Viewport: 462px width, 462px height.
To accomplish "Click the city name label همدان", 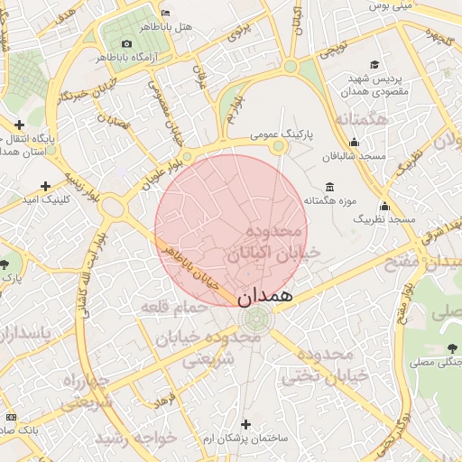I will click(267, 295).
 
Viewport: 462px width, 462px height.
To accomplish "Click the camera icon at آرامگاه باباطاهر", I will click(126, 43).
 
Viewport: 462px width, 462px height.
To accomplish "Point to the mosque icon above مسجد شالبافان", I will click(355, 142).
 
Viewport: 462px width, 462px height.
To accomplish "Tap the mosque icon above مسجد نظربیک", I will click(384, 206).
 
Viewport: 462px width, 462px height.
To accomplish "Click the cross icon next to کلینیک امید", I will click(46, 186).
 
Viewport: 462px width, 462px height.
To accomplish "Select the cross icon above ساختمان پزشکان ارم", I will click(245, 423).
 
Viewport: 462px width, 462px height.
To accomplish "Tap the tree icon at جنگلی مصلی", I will click(451, 348).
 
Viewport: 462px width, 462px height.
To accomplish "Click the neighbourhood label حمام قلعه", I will click(175, 308).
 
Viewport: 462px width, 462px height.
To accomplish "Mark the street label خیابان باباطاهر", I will click(191, 267).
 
